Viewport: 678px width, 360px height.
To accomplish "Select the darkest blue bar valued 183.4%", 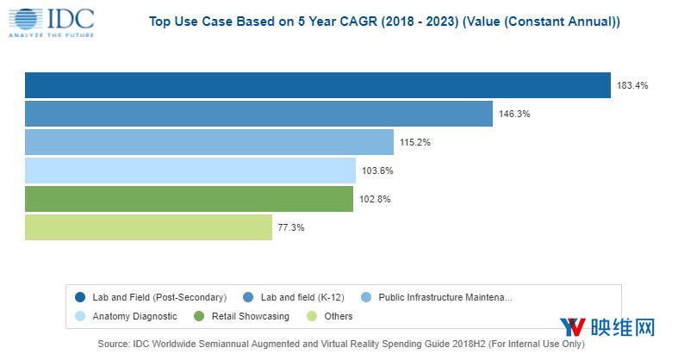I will click(x=317, y=85).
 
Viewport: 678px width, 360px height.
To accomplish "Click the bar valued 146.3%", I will click(x=258, y=114).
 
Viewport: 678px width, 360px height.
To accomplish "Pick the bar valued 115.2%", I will click(x=209, y=142).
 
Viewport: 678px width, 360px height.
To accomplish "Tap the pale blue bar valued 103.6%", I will click(x=190, y=171).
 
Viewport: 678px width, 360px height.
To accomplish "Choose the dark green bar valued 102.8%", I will click(x=189, y=199).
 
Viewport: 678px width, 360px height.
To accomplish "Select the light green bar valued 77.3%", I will click(x=148, y=227).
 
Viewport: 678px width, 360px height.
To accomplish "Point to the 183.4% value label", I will click(x=631, y=85).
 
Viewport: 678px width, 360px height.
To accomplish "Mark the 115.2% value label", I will click(x=414, y=142).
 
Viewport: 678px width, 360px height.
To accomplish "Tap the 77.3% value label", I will click(x=290, y=227).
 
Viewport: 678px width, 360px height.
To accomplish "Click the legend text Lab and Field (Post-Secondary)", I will click(x=159, y=297).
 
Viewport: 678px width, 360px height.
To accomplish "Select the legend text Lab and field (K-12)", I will click(x=303, y=297).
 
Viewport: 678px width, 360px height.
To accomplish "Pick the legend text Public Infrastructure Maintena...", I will click(x=445, y=297).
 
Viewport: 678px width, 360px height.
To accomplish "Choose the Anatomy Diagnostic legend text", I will click(x=134, y=316).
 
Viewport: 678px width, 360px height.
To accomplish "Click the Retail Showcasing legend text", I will click(x=250, y=316).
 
